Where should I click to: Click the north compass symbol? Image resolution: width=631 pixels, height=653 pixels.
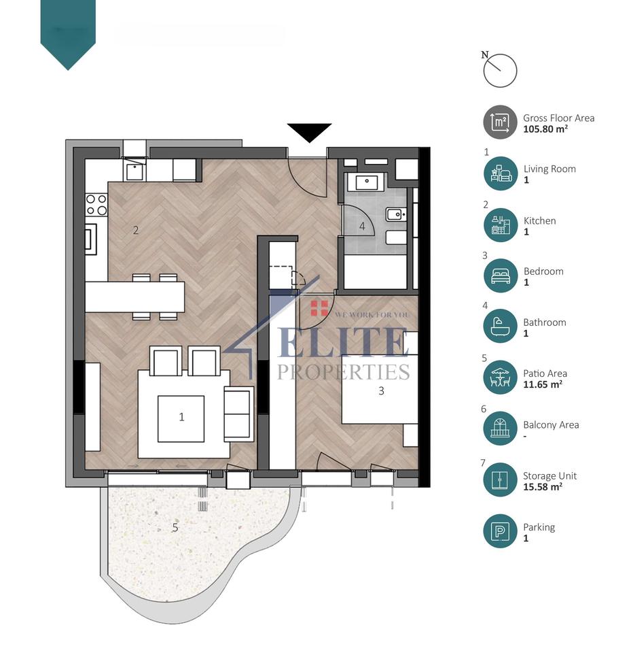click(500, 70)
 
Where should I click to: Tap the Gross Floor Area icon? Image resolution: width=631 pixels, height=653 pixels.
click(500, 122)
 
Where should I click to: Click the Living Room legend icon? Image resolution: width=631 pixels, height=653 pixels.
click(500, 174)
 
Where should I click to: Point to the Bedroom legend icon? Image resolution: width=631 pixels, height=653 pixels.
click(500, 276)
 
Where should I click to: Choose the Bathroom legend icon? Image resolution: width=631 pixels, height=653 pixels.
click(500, 327)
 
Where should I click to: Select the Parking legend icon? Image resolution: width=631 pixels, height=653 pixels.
click(500, 532)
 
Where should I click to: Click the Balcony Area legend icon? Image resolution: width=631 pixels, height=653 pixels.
click(500, 429)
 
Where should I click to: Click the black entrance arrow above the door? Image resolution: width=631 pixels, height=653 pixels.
click(309, 132)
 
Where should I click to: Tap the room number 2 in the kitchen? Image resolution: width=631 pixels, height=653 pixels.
click(136, 231)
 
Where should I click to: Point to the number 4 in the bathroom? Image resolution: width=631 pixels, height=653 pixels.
click(363, 226)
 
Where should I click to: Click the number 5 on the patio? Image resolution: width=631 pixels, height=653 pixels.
click(175, 527)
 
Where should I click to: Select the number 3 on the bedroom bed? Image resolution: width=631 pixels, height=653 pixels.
click(381, 391)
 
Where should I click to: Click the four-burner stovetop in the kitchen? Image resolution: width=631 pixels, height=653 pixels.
click(96, 205)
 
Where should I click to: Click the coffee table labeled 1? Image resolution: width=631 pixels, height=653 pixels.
click(181, 418)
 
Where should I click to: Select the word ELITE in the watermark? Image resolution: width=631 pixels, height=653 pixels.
click(343, 342)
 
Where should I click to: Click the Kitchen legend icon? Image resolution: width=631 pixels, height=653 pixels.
click(500, 225)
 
